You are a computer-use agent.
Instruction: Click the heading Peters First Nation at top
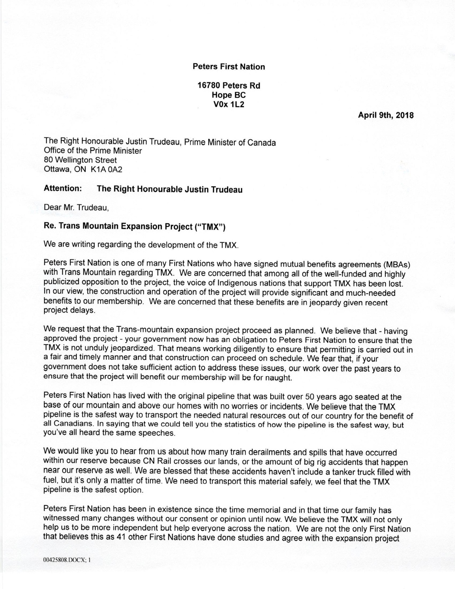click(229, 67)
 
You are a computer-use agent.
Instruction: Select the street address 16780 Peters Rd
click(229, 86)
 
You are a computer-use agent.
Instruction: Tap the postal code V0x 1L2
click(228, 105)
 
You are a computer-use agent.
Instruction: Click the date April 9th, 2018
click(386, 115)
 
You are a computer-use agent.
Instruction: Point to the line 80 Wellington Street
click(80, 160)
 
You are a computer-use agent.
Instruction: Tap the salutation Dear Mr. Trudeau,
click(76, 207)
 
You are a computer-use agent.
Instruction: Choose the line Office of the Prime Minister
click(93, 151)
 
